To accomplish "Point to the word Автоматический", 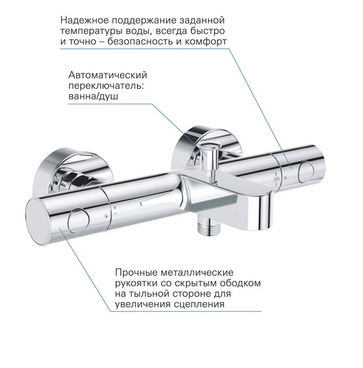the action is coord(108,76).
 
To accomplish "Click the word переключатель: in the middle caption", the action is coord(106,86).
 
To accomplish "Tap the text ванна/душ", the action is coord(93,97).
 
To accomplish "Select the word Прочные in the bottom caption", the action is coord(136,273).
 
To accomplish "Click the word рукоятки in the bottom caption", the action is coord(137,284).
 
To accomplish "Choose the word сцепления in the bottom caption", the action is coord(199,304).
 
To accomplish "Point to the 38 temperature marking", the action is coord(277,179).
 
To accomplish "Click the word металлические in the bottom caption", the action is coord(197,273).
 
